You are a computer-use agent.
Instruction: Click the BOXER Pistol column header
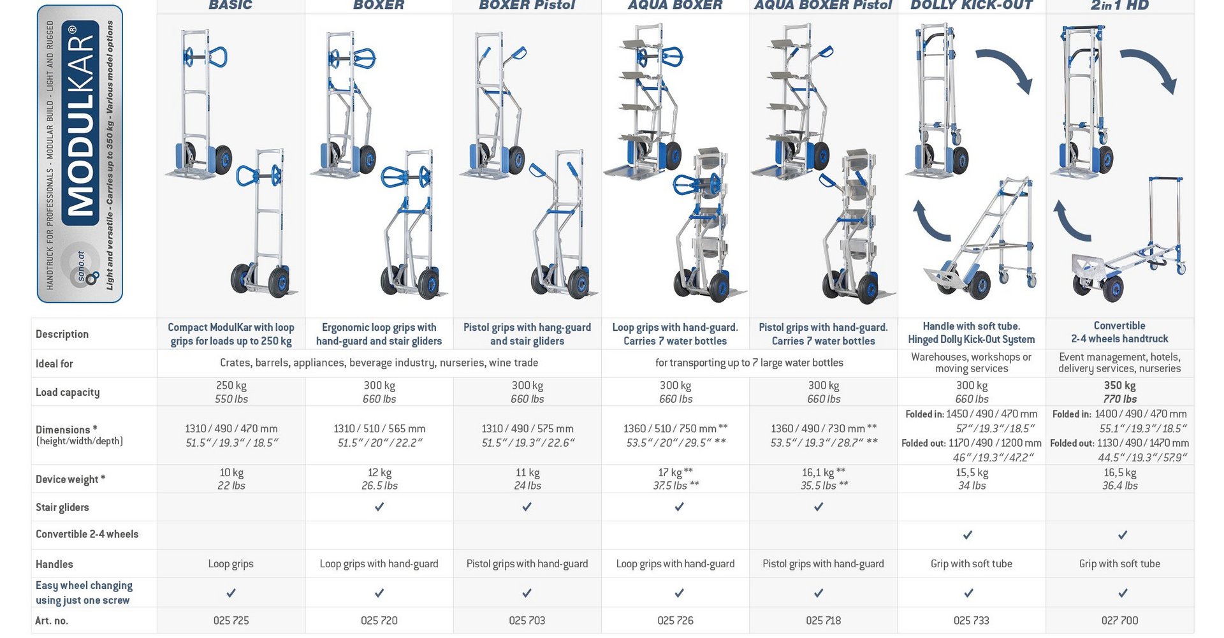tap(527, 5)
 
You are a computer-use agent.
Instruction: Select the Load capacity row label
tap(68, 393)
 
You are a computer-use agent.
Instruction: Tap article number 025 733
tap(971, 621)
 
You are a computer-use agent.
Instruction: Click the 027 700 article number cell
tap(1119, 621)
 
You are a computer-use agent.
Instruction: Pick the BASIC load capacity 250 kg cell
tap(231, 392)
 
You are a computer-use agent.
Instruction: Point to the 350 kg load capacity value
tap(1120, 386)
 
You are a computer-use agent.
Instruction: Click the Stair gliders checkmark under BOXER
tap(379, 507)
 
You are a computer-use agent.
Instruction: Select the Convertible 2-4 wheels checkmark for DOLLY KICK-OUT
tap(968, 535)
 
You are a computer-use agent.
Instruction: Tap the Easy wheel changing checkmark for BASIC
tap(231, 593)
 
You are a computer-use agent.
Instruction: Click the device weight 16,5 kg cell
tap(1120, 479)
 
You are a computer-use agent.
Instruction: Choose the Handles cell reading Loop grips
tap(231, 564)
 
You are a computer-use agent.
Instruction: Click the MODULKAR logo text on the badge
tap(80, 124)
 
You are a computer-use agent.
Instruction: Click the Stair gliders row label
tap(62, 508)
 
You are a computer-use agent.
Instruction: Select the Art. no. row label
tap(52, 621)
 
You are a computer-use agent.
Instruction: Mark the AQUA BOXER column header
tap(674, 5)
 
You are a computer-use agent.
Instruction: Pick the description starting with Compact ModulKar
tap(231, 334)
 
